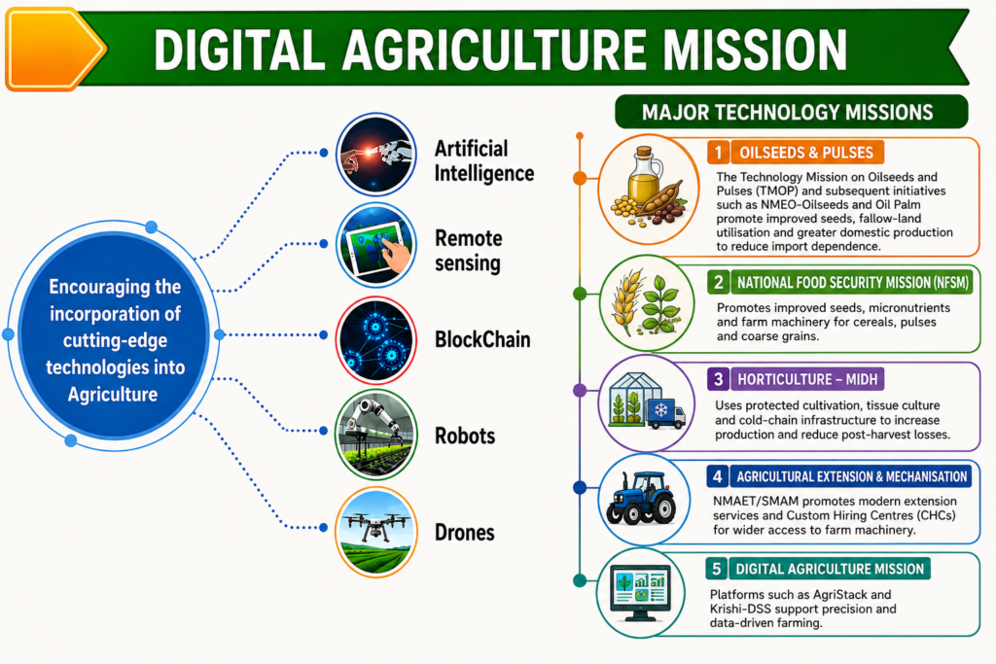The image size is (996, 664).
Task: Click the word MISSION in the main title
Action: pos(755,50)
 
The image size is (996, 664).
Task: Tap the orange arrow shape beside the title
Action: pos(54,49)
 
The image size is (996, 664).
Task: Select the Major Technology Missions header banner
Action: pos(792,113)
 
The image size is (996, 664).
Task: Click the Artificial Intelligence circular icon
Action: pos(376,155)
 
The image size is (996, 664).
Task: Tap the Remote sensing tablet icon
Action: pos(376,245)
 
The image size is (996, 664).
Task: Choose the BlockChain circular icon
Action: pos(376,339)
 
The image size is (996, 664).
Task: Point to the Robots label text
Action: pos(465,437)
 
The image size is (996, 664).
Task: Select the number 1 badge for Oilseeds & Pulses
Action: pos(719,153)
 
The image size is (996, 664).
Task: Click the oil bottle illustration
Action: pos(644,175)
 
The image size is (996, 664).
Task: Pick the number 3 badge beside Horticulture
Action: pos(718,379)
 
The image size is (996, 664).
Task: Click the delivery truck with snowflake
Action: pos(665,412)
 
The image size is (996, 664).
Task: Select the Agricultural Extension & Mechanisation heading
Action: pos(851,476)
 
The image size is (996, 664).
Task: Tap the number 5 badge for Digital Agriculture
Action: pos(717,569)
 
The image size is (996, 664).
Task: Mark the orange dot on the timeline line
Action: pos(580,178)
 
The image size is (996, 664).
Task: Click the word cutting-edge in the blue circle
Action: pos(115,341)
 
